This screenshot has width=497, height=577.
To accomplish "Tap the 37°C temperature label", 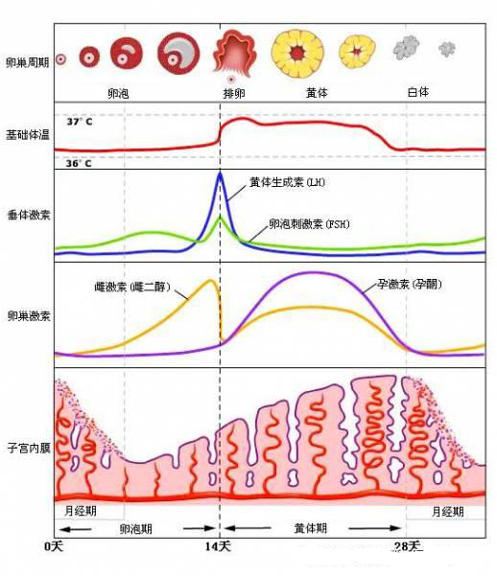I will pyautogui.click(x=80, y=123).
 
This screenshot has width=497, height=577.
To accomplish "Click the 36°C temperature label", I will pyautogui.click(x=80, y=164).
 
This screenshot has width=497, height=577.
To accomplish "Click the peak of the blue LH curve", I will pyautogui.click(x=220, y=173).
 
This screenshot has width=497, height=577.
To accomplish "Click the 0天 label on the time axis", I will pyautogui.click(x=56, y=545).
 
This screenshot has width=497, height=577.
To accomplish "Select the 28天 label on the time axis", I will pyautogui.click(x=408, y=545).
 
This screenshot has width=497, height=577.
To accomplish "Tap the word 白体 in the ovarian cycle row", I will pyautogui.click(x=418, y=92).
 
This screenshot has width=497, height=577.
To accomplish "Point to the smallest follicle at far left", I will pyautogui.click(x=60, y=58).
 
